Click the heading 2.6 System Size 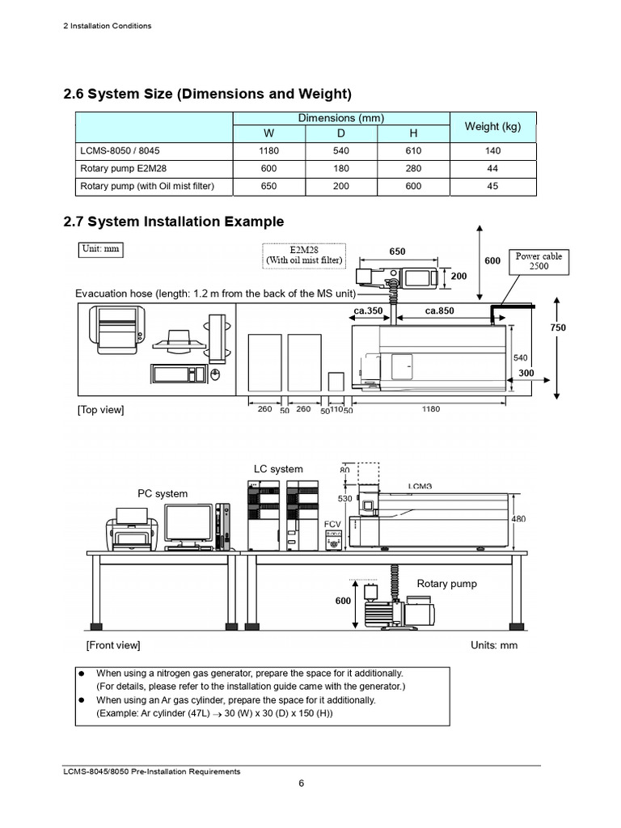coord(207,94)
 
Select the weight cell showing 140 coord(492,150)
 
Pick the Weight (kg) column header coord(492,126)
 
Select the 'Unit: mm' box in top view coord(100,249)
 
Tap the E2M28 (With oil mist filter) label coord(304,256)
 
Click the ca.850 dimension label coord(441,310)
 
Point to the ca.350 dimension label coord(369,310)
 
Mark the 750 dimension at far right coord(558,327)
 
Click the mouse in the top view coord(215,374)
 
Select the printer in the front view coord(132,530)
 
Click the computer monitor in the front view coord(188,526)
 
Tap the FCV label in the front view coord(332,524)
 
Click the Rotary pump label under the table coord(446,584)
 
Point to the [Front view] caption coord(112,645)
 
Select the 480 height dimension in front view coord(519,519)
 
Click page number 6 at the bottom coord(301,784)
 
